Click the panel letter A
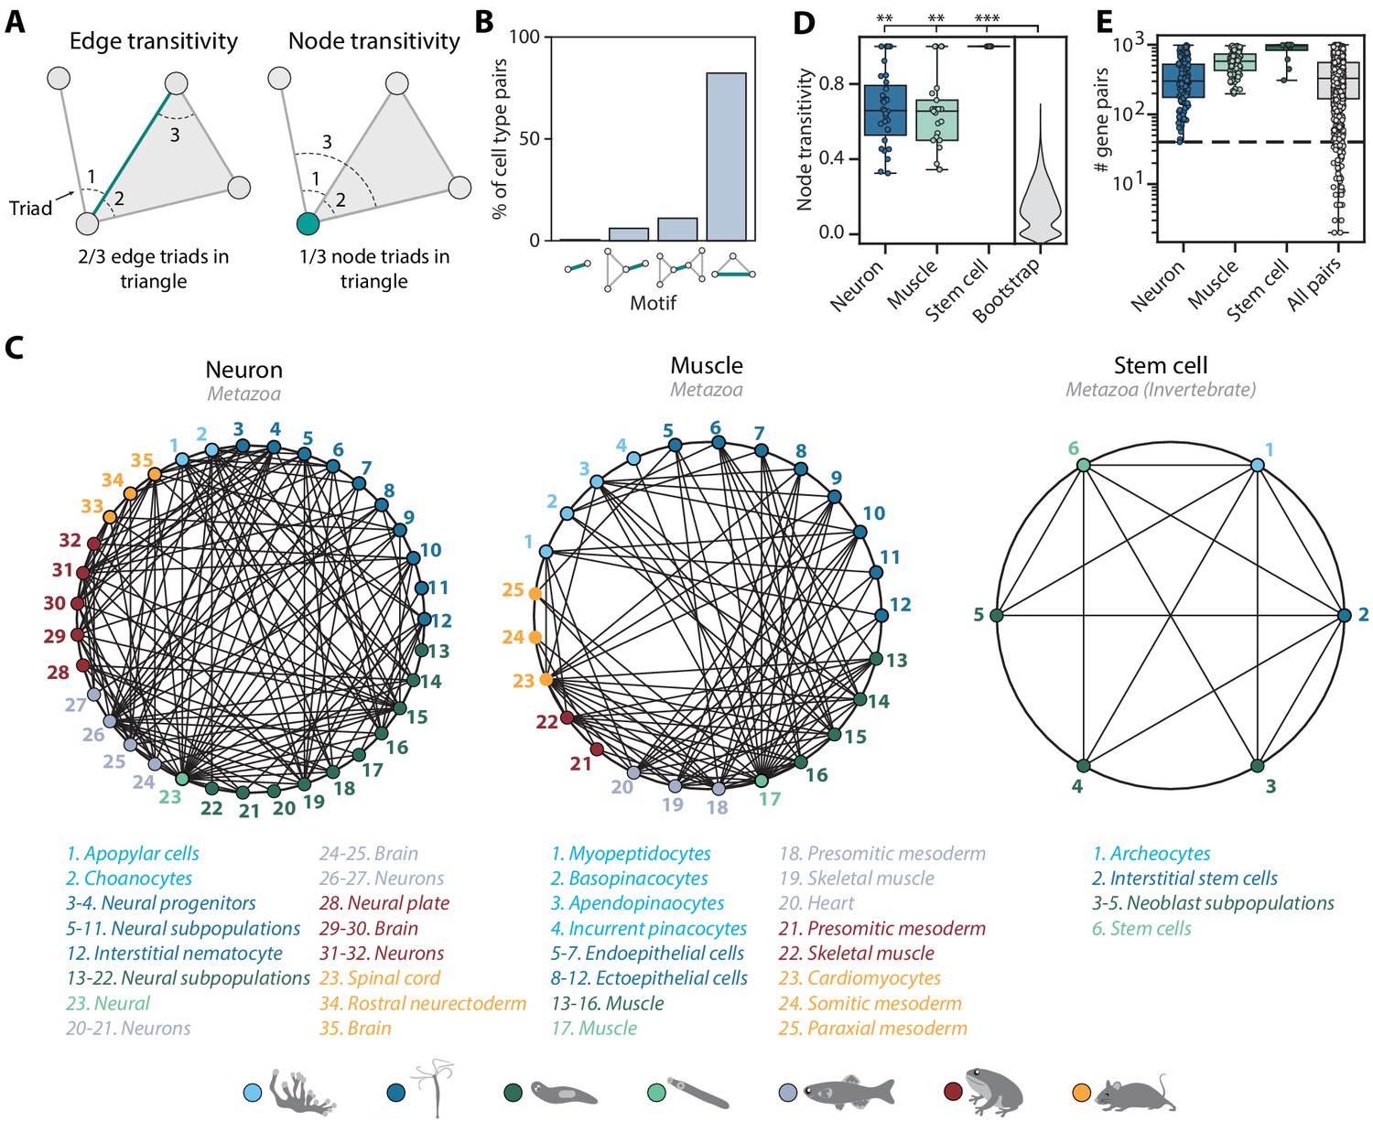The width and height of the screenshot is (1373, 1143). pos(15,22)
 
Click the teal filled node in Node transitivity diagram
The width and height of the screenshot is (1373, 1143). pos(308,222)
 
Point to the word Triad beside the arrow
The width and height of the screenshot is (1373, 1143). pos(30,208)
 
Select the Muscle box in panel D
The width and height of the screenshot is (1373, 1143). pos(936,120)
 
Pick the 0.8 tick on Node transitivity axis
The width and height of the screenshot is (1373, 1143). pos(831,83)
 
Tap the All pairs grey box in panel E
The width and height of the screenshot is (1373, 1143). pos(1337,81)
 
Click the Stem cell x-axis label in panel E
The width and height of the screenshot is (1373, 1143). pos(1259,289)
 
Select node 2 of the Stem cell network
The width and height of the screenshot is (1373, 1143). pos(1344,615)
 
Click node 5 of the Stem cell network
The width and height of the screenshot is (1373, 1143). pos(997,615)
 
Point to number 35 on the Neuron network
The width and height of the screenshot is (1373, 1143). pos(142,460)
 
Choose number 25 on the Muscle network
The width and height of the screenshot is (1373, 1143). pos(513,590)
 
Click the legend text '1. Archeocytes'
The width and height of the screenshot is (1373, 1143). pos(1151,854)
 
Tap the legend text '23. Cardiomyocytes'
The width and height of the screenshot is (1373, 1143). pos(859,978)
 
